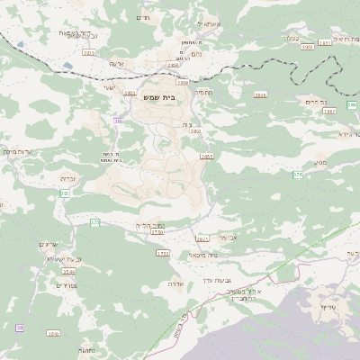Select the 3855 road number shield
tap(207, 156)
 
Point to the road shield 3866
tap(173, 65)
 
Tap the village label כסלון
tap(290, 38)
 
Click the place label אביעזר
tap(227, 237)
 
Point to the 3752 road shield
tap(163, 254)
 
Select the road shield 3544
tap(68, 270)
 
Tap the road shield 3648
tap(53, 333)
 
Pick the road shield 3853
tap(194, 132)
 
